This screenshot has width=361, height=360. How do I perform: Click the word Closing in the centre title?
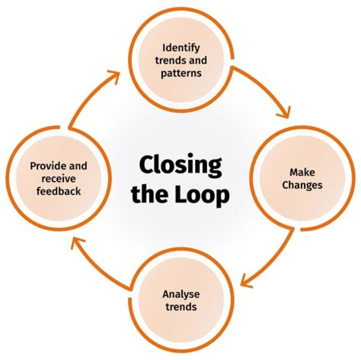[x=180, y=164]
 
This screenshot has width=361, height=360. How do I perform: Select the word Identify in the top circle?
[x=181, y=48]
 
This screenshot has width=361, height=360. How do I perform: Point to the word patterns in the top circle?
[x=181, y=73]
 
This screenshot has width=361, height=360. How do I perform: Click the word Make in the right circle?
[x=302, y=172]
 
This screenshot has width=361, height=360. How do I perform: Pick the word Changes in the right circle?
[x=302, y=185]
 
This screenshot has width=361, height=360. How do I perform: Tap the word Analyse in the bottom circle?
[x=180, y=293]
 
